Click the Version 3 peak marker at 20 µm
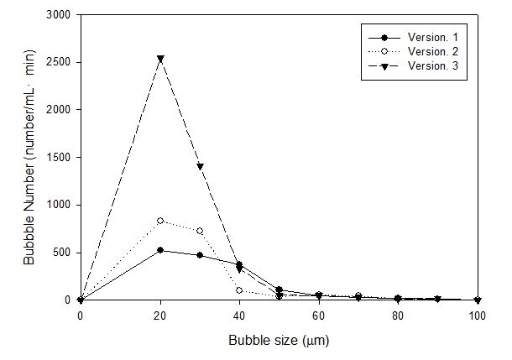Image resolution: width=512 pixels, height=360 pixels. pos(160,59)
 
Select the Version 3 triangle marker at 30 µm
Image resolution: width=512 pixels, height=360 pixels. pos(200,166)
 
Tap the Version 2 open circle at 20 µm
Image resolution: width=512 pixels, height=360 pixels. pos(160,221)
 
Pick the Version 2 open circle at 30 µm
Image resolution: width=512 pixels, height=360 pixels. pos(200,231)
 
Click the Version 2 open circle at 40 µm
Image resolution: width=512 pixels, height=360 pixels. pos(239,290)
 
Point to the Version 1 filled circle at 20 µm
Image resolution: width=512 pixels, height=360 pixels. pos(160,250)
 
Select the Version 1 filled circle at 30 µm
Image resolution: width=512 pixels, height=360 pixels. pos(200,255)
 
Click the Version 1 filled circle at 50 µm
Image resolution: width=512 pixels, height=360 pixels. pos(280,290)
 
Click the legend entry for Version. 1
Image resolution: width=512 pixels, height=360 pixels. pos(414,38)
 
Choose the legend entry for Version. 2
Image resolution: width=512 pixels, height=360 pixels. pos(414,51)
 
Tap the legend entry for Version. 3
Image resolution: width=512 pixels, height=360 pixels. pos(414,66)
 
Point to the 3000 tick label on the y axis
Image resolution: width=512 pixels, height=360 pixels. pos(58,15)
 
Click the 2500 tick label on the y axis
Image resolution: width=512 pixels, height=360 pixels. pos(58,62)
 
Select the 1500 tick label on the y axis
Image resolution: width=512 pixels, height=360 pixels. pos(58,157)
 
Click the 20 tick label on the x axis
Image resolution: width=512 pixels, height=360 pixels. pos(160,316)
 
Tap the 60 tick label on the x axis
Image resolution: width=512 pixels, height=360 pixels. pos(319,316)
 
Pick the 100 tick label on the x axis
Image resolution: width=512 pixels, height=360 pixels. pos(478,316)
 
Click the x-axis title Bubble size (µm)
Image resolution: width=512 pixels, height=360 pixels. pos(279,341)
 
